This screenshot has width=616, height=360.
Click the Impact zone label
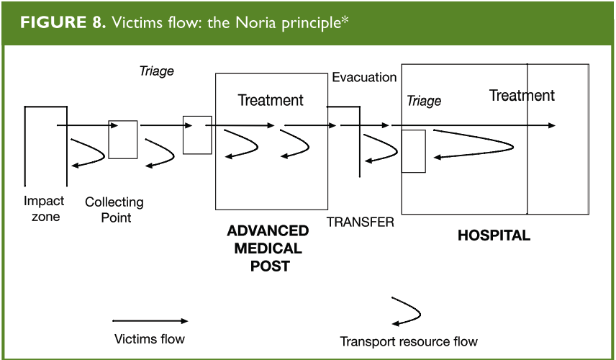(44, 209)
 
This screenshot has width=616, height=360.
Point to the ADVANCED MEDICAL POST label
(268, 248)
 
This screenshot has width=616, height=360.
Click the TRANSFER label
(360, 222)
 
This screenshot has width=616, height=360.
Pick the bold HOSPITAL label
(494, 235)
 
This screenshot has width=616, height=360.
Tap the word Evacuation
(364, 77)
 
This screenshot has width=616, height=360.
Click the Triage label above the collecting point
(156, 71)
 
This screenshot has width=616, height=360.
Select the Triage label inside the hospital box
(424, 101)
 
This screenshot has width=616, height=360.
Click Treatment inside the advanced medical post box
(271, 100)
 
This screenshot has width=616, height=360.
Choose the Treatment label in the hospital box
(522, 95)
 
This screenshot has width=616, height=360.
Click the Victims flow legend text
(150, 338)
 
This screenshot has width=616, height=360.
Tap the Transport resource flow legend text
(409, 341)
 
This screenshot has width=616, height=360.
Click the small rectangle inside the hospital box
(413, 151)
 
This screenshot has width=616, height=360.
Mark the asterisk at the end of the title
(345, 17)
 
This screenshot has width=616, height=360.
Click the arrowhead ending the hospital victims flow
(551, 126)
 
